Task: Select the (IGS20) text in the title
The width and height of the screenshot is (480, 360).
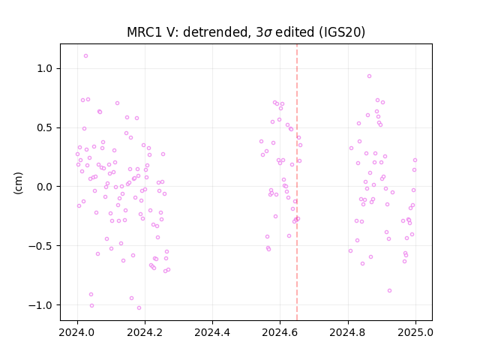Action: pos(342,32)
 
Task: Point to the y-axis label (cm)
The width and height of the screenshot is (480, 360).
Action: pos(18,183)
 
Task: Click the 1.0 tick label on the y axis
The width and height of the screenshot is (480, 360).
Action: pos(45,68)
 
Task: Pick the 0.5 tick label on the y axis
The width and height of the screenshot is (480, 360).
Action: pos(45,127)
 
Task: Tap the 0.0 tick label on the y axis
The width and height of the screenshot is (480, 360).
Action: pos(45,187)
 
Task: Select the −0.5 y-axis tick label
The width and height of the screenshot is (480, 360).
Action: pos(40,246)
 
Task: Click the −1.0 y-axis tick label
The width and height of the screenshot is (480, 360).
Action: pos(40,305)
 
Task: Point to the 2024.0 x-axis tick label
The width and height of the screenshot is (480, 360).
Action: pos(77,332)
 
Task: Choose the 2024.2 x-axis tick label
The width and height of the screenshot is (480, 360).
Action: pos(145,332)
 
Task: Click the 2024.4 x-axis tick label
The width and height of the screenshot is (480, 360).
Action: pos(212,332)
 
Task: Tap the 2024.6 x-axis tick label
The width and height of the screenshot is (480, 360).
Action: pos(280,332)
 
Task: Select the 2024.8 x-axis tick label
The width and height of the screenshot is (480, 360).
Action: pos(348,332)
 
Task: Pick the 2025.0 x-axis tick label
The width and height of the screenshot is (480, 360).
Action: pos(415,332)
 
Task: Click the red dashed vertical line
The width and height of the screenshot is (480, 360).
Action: pos(297,182)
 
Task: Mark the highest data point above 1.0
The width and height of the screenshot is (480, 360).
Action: pos(85,56)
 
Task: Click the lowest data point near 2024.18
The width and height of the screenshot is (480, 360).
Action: pos(139,308)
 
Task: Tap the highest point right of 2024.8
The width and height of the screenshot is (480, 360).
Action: pos(370,76)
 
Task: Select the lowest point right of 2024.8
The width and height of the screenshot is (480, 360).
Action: pos(390,291)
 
